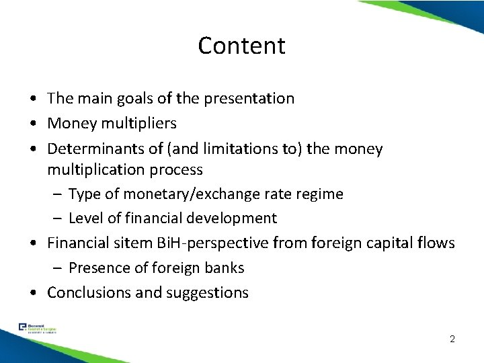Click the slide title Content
(242, 46)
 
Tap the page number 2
(452, 338)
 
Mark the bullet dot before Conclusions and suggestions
(32, 292)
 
